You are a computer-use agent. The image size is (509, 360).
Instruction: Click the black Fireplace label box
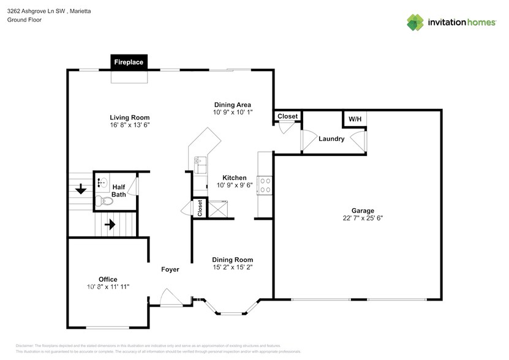[x=129, y=62]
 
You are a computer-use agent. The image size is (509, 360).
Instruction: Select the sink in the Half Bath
[x=102, y=182]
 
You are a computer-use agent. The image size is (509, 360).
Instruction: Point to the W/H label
[x=355, y=119]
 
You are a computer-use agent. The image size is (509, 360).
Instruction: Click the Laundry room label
[x=331, y=139]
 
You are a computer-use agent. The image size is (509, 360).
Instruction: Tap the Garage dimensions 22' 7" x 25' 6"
[x=363, y=217]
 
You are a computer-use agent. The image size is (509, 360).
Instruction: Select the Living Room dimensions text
[x=129, y=125]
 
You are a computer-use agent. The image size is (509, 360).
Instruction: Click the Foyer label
[x=170, y=269]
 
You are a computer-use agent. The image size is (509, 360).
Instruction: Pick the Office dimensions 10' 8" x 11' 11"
[x=108, y=287]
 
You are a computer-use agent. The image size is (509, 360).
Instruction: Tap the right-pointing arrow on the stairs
[x=110, y=225]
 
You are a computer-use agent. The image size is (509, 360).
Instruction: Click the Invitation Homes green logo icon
[x=415, y=22]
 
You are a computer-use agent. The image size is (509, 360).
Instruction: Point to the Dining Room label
[x=232, y=260]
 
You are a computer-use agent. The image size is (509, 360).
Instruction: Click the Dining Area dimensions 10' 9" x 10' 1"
[x=232, y=113]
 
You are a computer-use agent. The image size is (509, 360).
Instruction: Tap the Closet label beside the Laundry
[x=287, y=116]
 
